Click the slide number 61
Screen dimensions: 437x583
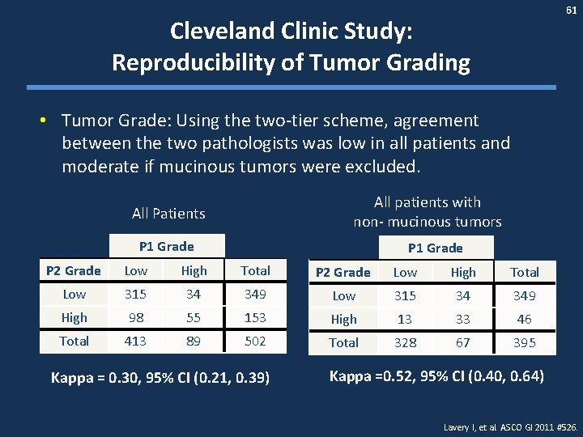pos(570,10)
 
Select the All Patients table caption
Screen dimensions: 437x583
pos(168,214)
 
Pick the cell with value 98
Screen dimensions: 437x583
pos(136,318)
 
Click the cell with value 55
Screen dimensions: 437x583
pos(194,318)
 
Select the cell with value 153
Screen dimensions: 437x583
pos(255,318)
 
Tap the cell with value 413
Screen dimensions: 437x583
pos(136,342)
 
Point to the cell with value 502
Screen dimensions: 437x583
pos(255,342)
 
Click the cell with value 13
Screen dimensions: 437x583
pos(405,320)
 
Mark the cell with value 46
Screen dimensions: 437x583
pos(525,320)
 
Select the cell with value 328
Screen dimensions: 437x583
pos(405,343)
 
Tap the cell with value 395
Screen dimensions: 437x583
pos(525,343)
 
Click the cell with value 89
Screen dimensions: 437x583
pos(194,342)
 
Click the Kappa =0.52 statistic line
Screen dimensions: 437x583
pos(436,376)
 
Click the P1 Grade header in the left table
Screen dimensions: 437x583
pos(167,246)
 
